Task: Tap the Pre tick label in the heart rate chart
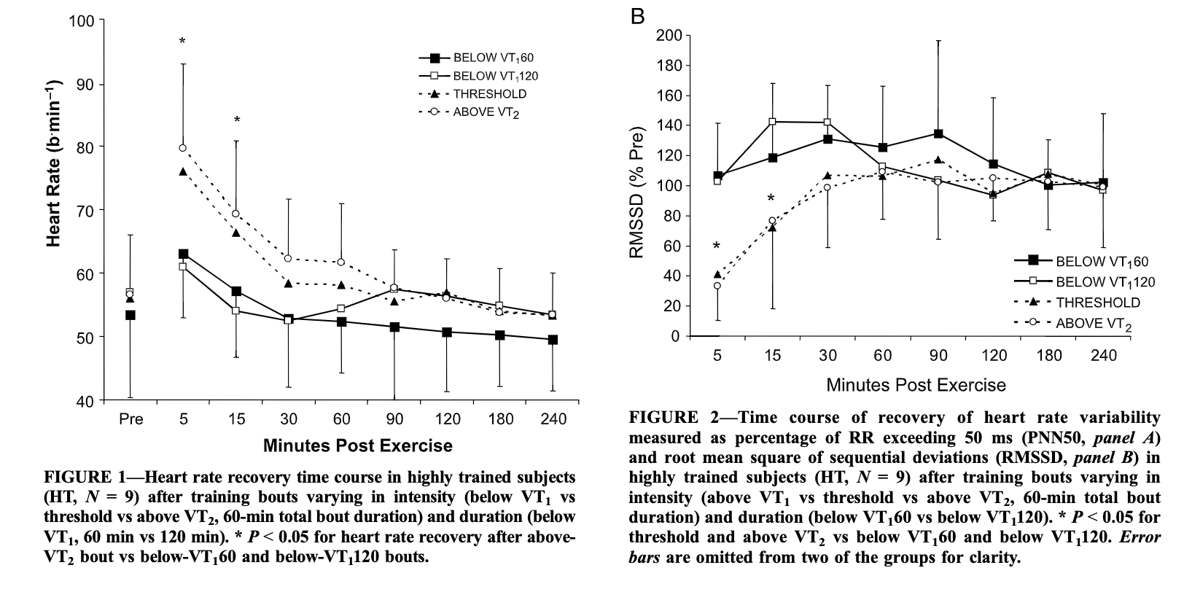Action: (x=131, y=419)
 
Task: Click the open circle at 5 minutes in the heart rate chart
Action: (x=182, y=148)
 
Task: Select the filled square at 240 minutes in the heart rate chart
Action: (x=553, y=340)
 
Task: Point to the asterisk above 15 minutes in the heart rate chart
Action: (x=237, y=120)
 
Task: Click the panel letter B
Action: (x=638, y=16)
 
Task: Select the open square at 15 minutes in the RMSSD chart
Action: (x=772, y=122)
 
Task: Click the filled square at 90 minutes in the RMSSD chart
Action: (x=938, y=134)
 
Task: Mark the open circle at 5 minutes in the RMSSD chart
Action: (x=717, y=286)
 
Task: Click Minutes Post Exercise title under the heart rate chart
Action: (x=357, y=445)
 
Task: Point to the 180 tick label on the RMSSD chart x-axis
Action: (x=1048, y=356)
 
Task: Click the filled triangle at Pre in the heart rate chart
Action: (x=131, y=299)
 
